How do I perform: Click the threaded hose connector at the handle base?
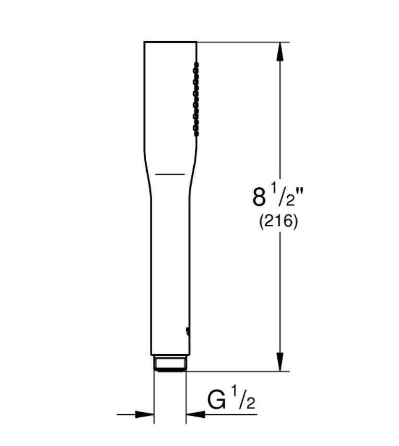pyautogui.click(x=170, y=363)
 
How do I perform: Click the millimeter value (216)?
pyautogui.click(x=278, y=222)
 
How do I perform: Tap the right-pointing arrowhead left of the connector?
pyautogui.click(x=144, y=415)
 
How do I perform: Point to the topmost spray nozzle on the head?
pyautogui.click(x=196, y=66)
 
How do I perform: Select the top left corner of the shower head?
pyautogui.click(x=145, y=42)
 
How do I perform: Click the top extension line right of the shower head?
pyautogui.click(x=240, y=42)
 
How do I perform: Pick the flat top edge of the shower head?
pyautogui.click(x=170, y=42)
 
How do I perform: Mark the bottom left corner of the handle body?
pyautogui.click(x=151, y=354)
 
